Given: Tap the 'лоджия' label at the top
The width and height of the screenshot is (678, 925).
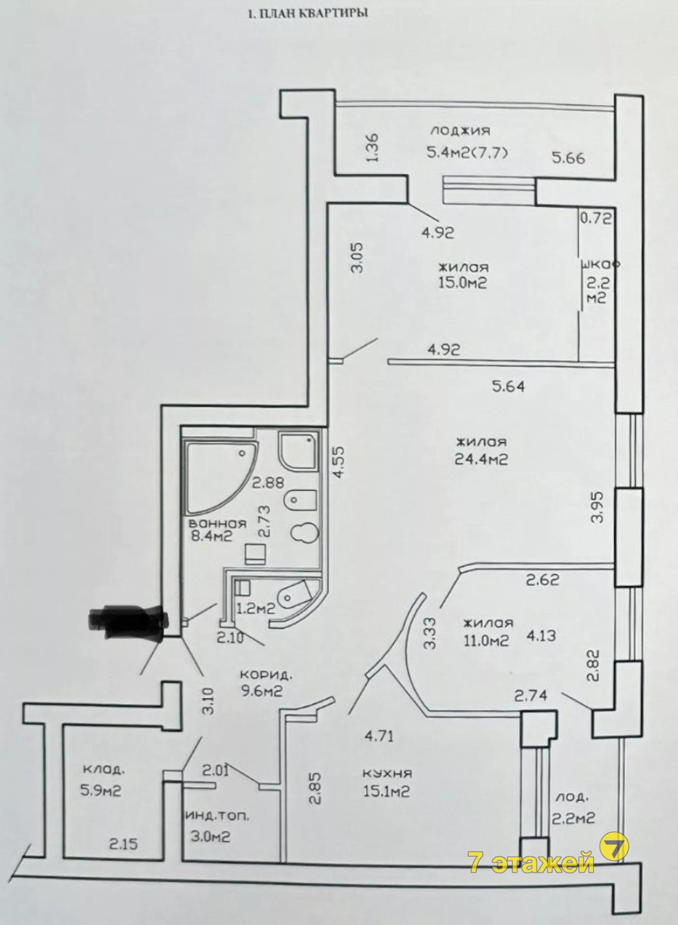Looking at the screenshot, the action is (x=461, y=130).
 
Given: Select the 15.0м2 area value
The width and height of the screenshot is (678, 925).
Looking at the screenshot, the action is (x=462, y=283).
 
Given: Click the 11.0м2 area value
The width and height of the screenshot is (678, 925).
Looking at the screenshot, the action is (x=486, y=640).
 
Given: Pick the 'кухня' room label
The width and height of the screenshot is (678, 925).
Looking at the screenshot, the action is (x=387, y=774).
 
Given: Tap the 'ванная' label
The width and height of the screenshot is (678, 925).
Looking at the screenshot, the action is (x=217, y=524).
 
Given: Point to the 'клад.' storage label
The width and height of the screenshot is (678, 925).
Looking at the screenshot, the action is (x=103, y=769).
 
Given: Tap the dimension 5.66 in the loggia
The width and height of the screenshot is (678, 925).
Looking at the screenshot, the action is (x=569, y=158).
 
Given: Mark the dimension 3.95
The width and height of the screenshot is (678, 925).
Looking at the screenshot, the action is (x=598, y=507).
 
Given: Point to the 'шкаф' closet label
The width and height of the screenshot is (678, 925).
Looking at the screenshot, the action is (x=601, y=264).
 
